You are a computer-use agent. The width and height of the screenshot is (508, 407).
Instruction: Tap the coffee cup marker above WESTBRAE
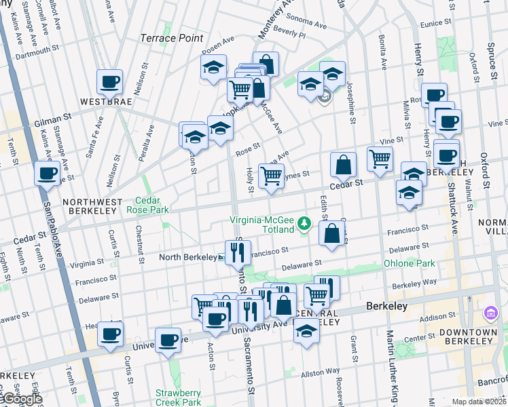[109, 83]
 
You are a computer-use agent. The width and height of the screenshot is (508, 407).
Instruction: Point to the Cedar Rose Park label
[147, 205]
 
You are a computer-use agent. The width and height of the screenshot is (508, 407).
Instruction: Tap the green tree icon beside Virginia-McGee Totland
[306, 222]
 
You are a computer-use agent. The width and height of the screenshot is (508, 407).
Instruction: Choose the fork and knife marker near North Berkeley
[237, 254]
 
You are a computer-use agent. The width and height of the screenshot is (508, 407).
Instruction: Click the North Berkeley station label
[187, 257]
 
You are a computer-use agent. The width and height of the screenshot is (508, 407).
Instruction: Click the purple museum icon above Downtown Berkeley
[490, 313]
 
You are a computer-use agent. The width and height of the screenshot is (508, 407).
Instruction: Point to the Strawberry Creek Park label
[178, 398]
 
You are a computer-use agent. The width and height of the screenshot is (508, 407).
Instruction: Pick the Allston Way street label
[320, 372]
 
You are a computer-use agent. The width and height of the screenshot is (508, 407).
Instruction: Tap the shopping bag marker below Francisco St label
[331, 234]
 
